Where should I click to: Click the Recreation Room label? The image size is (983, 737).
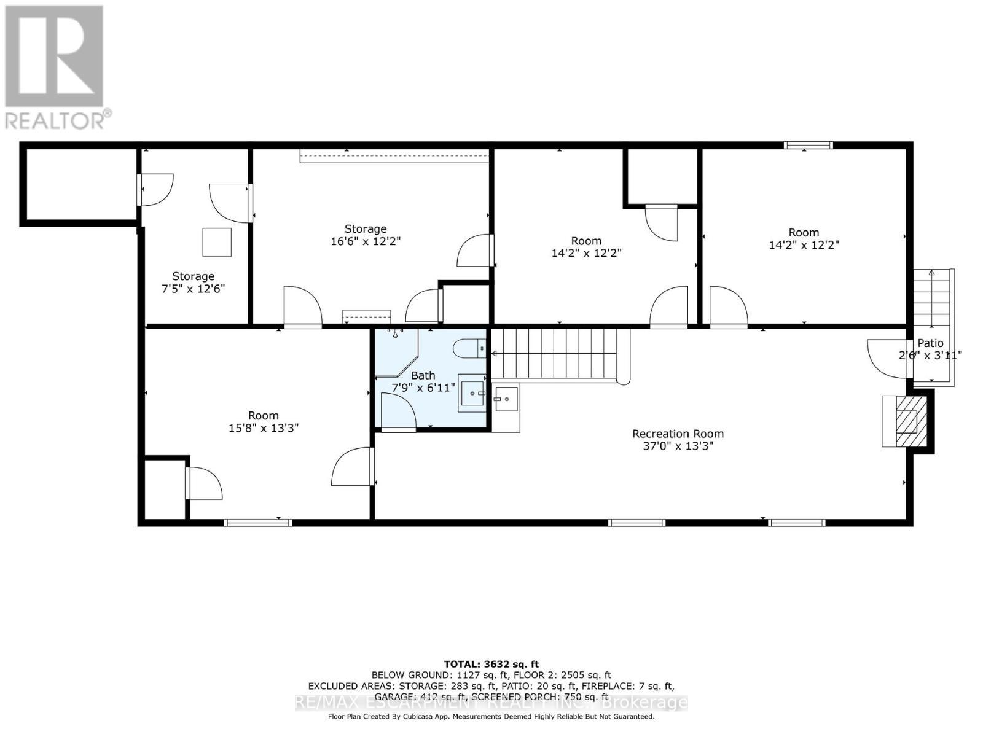tap(678, 434)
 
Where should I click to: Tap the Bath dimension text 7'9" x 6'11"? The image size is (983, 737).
tap(423, 388)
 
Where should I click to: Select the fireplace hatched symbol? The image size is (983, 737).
tap(906, 422)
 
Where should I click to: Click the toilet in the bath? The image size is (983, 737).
tap(470, 349)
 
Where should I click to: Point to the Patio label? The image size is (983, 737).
tap(930, 343)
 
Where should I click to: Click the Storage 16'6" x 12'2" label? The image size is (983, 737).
tap(365, 235)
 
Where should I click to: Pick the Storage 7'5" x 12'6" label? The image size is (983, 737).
tap(193, 282)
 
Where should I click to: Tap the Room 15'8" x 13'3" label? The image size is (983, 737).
tap(263, 421)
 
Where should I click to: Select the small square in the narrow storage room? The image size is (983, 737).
tap(217, 242)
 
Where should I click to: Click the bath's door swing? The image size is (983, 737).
tap(398, 410)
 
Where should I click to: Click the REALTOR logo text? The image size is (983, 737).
tap(58, 119)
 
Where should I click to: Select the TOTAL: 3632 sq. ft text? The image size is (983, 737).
tap(491, 664)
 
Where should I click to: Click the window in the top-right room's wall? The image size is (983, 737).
tap(808, 146)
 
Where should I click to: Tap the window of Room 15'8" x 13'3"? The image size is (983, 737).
tap(257, 523)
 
